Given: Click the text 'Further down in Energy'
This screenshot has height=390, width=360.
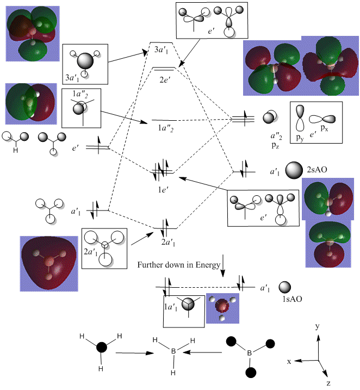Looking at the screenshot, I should pyautogui.click(x=179, y=265).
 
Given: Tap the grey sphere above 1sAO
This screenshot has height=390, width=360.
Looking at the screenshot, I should pyautogui.click(x=285, y=287).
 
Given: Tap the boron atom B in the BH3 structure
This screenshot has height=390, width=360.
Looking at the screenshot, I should pyautogui.click(x=173, y=352).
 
